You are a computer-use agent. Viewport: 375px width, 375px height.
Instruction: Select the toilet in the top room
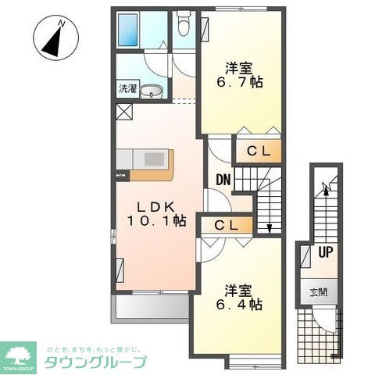coord(183,26)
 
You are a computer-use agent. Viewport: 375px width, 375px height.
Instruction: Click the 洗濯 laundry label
coord(127,90)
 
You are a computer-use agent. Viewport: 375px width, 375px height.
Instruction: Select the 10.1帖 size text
coord(156,221)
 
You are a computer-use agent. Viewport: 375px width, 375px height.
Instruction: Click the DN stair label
coord(223,180)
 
